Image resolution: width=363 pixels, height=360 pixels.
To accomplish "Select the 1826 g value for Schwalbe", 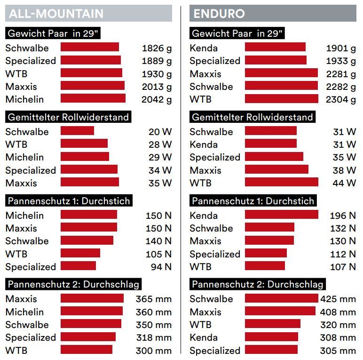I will coord(157,48).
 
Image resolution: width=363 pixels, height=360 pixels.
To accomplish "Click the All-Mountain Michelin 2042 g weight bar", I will coord(93,98).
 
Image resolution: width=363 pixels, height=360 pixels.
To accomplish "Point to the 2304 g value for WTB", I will coord(341,99).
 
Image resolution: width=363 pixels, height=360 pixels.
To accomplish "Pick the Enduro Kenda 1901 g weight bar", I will coord(275,47).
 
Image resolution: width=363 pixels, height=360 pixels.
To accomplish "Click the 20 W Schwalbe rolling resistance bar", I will coord(77,131).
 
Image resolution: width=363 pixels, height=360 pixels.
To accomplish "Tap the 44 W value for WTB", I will coord(344,183).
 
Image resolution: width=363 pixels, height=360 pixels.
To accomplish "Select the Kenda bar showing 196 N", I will coord(281,215).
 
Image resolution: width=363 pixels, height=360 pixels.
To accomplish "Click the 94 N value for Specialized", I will coord(160,267).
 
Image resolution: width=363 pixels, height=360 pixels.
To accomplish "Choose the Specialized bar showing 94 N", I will coord(78,266).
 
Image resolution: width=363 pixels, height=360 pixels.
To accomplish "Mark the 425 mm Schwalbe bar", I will coord(281,298).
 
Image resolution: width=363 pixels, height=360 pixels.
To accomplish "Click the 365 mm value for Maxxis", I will coord(154,299).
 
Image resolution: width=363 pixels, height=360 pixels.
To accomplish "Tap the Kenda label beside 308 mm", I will coord(204,337).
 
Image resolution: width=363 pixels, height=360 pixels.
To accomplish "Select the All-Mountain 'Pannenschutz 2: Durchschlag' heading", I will coord(73,284).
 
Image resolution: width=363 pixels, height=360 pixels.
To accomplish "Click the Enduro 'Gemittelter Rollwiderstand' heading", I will coord(253,117).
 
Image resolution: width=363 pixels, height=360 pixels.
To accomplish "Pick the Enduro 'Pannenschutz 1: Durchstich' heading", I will coord(253,201).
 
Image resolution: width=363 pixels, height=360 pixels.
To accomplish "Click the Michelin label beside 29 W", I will coord(24,157).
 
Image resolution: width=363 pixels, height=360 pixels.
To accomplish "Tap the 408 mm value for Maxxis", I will coord(338,312).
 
